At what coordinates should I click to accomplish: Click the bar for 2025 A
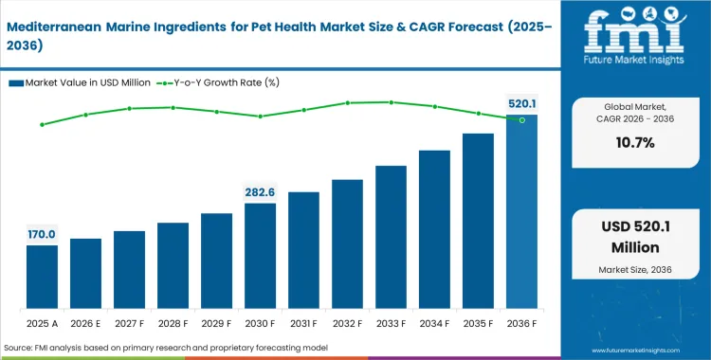click(x=42, y=277)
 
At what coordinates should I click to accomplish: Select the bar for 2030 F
click(x=260, y=256)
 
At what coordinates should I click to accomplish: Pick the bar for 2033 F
click(x=391, y=237)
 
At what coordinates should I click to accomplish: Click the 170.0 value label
click(x=42, y=234)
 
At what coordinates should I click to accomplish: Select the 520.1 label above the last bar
click(x=520, y=103)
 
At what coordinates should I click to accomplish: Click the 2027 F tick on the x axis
click(x=129, y=322)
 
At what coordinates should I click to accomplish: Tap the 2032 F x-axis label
click(x=347, y=322)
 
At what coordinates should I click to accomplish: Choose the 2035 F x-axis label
click(x=478, y=322)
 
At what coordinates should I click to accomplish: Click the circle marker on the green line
click(x=521, y=120)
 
